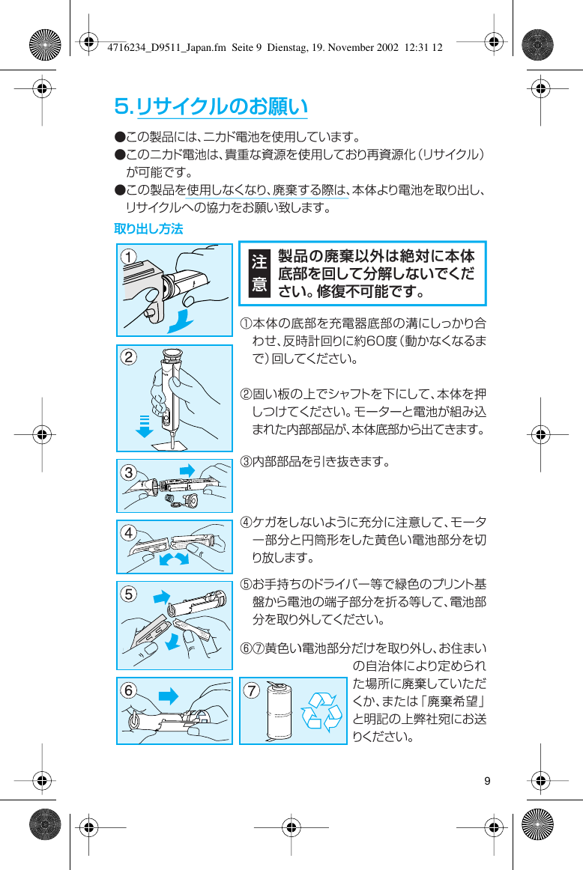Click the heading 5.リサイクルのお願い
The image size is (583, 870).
[x=211, y=106]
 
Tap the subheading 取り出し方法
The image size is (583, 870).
[x=148, y=228]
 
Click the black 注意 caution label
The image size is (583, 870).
[x=259, y=273]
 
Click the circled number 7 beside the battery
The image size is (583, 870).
[x=253, y=690]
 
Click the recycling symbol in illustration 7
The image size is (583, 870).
[x=321, y=711]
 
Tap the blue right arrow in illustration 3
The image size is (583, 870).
[x=187, y=469]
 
